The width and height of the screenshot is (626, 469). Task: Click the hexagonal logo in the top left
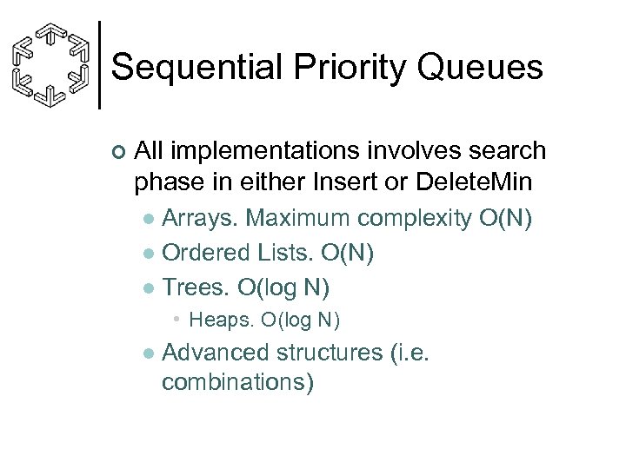pyautogui.click(x=51, y=65)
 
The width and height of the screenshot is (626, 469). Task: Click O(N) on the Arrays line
pyautogui.click(x=506, y=218)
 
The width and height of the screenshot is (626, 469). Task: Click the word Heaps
pyautogui.click(x=218, y=320)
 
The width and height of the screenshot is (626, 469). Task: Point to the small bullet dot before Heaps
pyautogui.click(x=176, y=320)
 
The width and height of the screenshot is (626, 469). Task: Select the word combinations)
pyautogui.click(x=237, y=381)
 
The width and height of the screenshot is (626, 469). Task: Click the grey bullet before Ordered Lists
pyautogui.click(x=150, y=253)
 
